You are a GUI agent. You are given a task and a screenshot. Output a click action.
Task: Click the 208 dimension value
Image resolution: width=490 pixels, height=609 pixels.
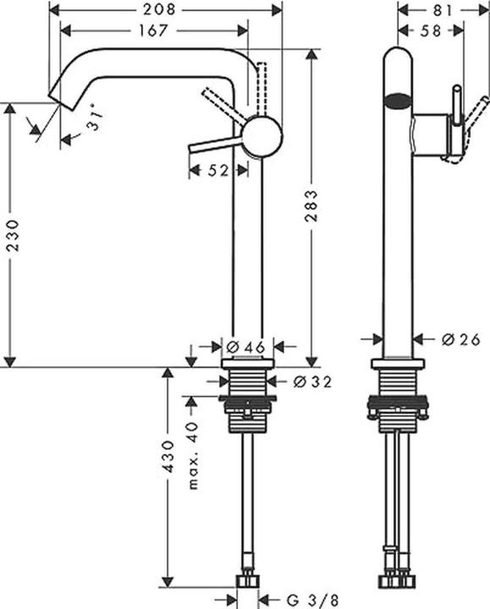coord(165,9)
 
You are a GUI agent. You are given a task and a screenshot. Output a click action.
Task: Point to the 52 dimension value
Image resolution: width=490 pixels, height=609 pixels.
coord(218,170)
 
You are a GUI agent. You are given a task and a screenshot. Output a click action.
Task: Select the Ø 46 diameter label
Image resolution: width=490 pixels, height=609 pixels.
coord(247,345)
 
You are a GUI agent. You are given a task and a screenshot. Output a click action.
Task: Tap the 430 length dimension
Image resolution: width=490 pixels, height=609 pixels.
coord(168,456)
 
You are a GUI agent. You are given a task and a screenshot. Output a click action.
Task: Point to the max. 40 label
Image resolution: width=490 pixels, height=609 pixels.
coord(193,456)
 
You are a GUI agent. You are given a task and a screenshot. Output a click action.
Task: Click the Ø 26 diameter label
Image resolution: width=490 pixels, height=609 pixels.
coord(460,339)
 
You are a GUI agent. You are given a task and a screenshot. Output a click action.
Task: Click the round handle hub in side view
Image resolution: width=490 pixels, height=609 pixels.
coord(261,136)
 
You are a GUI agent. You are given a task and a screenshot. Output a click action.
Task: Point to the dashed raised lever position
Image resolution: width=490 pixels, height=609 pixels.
coord(261,85)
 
